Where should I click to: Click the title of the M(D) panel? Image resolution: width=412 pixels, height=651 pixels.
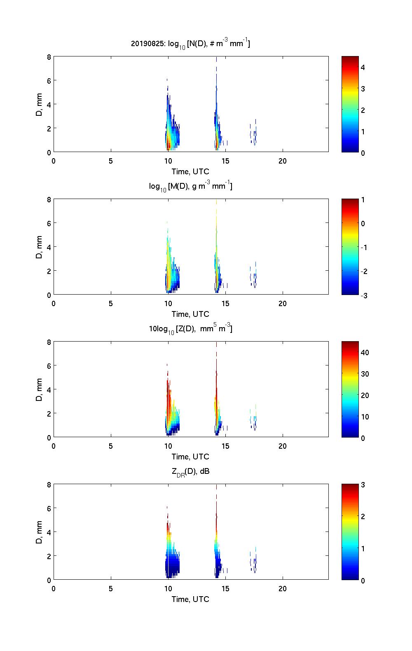point(190,186)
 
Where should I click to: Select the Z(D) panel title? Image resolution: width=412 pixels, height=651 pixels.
point(190,329)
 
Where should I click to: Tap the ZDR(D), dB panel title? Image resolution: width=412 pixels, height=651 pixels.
point(190,471)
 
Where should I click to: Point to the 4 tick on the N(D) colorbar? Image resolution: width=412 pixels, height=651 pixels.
point(363,67)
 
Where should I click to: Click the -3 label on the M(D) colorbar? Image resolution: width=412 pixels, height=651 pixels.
point(364,295)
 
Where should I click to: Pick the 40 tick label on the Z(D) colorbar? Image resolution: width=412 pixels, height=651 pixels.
point(365,353)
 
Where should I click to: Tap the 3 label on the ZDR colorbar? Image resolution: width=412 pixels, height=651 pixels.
point(363,485)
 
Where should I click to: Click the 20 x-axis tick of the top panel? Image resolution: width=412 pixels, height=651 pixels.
point(283,161)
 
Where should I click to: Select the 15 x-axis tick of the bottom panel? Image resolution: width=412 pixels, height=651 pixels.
point(225,589)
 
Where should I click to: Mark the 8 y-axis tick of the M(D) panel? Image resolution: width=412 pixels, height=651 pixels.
point(49,199)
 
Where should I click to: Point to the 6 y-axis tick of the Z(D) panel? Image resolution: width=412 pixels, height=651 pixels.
point(49,366)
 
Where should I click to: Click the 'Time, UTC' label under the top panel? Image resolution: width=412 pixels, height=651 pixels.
point(190,171)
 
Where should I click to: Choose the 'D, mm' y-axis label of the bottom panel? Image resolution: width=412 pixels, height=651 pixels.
point(40,532)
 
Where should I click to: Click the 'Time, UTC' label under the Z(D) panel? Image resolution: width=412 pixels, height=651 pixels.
point(190,457)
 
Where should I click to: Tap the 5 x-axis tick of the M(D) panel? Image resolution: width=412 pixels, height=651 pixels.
point(111,304)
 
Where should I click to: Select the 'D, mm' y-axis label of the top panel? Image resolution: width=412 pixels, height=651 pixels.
point(40,104)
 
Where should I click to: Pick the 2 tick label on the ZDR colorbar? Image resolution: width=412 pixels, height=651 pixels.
point(363,517)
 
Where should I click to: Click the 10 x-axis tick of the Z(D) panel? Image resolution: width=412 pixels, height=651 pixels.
point(168,446)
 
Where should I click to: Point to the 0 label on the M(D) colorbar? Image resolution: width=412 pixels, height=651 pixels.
point(363,224)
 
